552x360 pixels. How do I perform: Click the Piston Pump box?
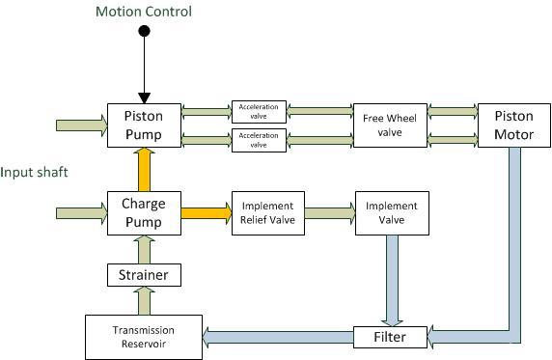[144, 125]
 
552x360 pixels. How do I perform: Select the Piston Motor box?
[513, 125]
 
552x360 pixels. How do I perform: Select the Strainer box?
[145, 275]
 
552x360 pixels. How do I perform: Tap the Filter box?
[391, 337]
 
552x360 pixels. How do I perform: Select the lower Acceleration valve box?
[259, 141]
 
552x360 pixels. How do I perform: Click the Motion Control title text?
[144, 12]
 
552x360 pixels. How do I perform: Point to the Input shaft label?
[33, 172]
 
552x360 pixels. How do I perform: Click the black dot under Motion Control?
[145, 32]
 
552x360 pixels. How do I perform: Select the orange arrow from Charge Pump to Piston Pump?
[145, 169]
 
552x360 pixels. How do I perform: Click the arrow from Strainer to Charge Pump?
[145, 249]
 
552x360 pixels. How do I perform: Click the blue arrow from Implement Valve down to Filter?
[391, 280]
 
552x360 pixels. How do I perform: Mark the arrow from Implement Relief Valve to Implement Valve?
[329, 209]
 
